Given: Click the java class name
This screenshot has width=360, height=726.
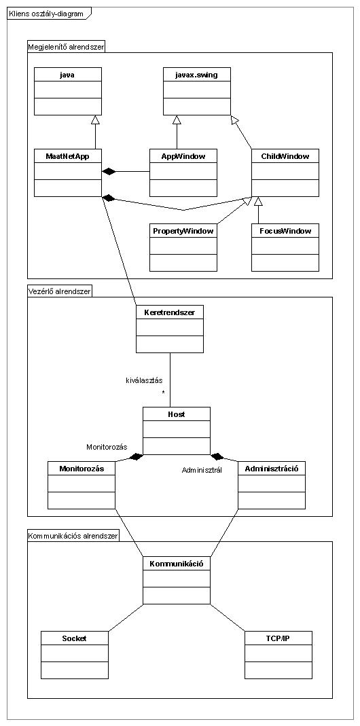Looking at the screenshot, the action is pos(67,74).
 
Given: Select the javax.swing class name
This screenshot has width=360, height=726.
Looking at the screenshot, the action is pos(196,74).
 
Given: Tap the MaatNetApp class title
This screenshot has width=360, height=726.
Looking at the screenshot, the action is pos(68,156).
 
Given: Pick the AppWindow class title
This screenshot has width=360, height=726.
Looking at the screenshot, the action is pos(183,156).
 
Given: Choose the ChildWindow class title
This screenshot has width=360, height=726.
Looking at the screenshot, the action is pos(285,156).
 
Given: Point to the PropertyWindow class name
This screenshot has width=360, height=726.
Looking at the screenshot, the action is pos(183,231).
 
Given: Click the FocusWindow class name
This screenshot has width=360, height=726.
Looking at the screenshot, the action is pos(285,231).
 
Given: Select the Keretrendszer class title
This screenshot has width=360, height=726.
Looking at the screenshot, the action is pos(170,312).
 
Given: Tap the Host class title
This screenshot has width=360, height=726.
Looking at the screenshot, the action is pos(176,414).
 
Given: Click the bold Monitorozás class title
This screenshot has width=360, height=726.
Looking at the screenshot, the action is pos(81,468).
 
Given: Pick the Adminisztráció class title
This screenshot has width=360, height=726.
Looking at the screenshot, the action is pos(272,468).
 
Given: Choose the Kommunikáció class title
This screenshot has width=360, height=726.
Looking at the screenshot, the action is pos(176,564).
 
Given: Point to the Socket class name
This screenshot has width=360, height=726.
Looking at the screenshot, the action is pos(74,638).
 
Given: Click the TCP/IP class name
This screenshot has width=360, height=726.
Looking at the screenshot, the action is pos(278,638).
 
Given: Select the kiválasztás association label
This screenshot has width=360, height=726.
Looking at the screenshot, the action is pos(143,380).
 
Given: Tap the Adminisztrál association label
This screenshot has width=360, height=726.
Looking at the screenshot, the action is pos(202,470).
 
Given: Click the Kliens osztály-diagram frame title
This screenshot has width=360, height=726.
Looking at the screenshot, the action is pos(46,14).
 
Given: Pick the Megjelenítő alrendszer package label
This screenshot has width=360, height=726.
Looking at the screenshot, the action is pos(67,47).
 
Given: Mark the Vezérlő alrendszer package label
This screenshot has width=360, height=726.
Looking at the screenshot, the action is pos(60,291).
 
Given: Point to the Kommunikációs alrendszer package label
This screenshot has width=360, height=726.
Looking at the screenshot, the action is pos(73,536).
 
